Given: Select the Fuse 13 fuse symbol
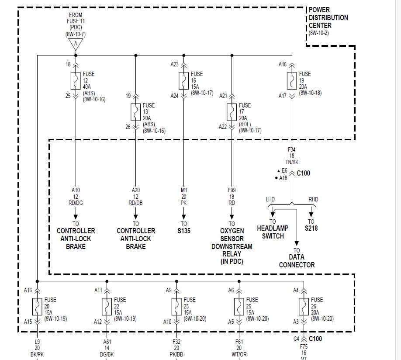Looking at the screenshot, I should coord(136,112).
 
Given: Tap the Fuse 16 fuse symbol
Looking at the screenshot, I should coord(184,80).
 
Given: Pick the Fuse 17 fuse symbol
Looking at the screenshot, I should coord(232,112).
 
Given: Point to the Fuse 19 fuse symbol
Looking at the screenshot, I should coord(292,80).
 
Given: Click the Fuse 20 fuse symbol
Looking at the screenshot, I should coord(37,306).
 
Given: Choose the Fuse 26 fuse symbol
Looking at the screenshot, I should coord(304,306).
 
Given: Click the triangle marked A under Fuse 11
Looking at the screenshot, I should coord(76,44).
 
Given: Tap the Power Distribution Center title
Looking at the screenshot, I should coord(328,17).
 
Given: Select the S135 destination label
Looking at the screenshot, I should coord(184,231).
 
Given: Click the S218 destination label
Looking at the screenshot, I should coord(311,228).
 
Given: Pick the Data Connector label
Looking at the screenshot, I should coord(297,261).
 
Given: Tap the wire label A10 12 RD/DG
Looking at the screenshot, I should coord(76,196).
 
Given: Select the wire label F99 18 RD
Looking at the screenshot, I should coord(232,196).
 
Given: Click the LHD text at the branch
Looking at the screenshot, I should coord(270,199).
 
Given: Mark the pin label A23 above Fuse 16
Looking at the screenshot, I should coord(174,64).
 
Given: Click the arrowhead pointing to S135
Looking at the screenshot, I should coord(184,216).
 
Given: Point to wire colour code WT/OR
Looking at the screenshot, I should coord(239,354).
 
